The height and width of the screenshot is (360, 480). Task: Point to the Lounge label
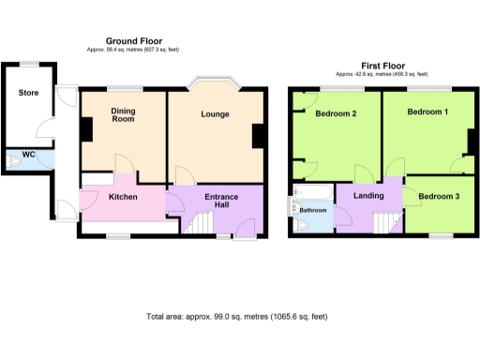[x=215, y=114]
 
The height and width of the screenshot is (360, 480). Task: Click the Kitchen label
[x=124, y=197]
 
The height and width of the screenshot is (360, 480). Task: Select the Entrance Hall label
[x=221, y=200]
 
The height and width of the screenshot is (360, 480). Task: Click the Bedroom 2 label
[x=335, y=114]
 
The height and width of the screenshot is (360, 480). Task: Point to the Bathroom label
[x=312, y=210]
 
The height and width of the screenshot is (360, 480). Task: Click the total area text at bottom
[x=239, y=317]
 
